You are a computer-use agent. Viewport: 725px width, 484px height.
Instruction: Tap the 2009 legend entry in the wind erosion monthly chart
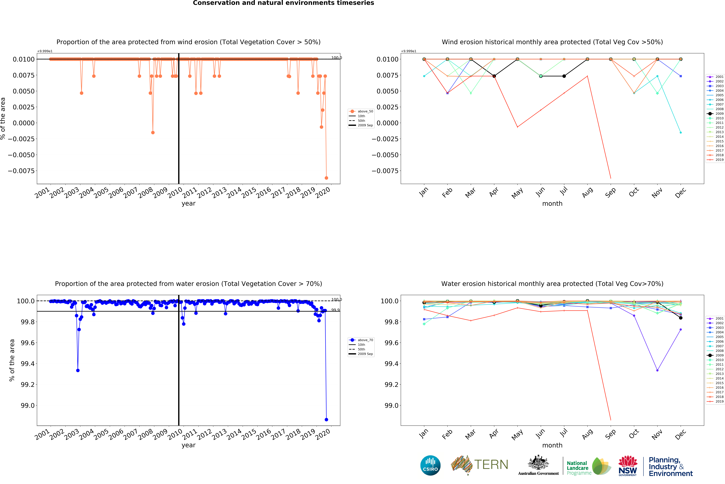tap(715, 114)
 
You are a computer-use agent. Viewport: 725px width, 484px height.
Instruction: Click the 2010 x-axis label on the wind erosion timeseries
tap(175, 193)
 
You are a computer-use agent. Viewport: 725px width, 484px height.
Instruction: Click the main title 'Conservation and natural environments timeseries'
tap(283, 3)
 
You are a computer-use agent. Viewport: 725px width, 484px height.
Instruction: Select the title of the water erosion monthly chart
tap(552, 284)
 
